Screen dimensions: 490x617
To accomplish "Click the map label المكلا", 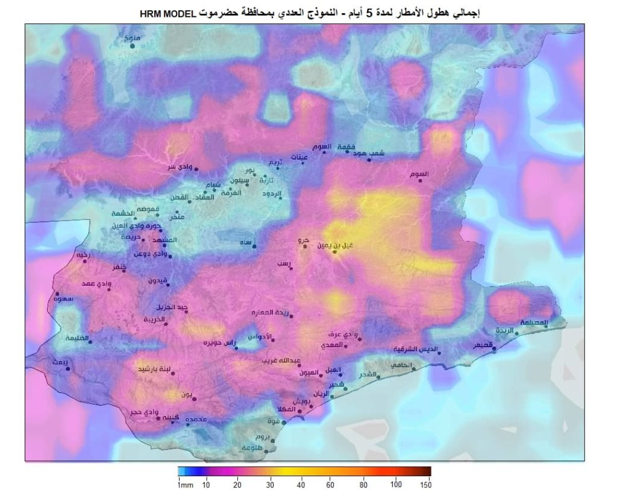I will (287, 410).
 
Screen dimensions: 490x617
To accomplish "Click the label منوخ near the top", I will (131, 38).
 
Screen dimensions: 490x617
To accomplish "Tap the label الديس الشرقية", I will (415, 349).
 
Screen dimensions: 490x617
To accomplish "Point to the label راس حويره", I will (218, 343).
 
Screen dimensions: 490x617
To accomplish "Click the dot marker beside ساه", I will (254, 247).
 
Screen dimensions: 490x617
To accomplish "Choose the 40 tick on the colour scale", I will (301, 485).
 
